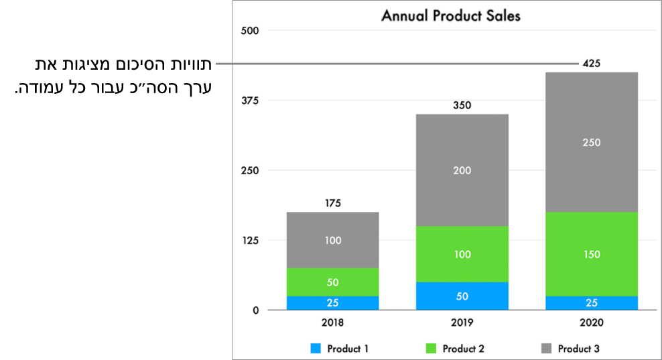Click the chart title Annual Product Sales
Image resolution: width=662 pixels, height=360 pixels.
tap(450, 15)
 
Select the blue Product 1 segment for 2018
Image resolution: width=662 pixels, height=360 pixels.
tap(332, 303)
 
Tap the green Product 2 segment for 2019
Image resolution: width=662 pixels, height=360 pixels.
tap(462, 254)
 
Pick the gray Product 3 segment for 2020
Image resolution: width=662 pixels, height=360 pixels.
tap(591, 142)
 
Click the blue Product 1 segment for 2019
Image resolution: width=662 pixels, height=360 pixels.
tap(462, 296)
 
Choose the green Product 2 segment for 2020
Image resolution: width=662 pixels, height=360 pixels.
tap(591, 254)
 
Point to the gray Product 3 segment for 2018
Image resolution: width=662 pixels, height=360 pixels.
tap(332, 240)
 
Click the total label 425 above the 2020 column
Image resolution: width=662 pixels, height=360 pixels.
tap(592, 64)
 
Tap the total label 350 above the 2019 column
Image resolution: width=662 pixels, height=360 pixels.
tap(462, 105)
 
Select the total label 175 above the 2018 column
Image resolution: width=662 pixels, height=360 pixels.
tap(332, 203)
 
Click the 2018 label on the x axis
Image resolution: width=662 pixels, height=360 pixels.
tap(332, 322)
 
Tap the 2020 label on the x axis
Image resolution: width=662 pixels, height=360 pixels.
tap(591, 322)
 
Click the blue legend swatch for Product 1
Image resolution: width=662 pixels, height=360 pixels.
tap(315, 349)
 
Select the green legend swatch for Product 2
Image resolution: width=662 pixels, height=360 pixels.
tap(431, 349)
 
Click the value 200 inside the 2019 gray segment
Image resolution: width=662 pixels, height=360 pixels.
tap(462, 170)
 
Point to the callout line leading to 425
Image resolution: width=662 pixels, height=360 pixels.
tap(395, 64)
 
